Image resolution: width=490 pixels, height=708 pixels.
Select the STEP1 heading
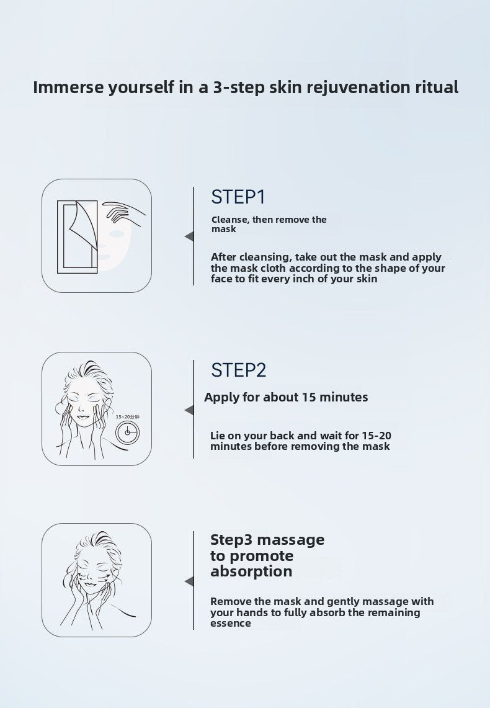(238, 197)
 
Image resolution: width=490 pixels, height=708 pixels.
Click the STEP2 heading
(239, 370)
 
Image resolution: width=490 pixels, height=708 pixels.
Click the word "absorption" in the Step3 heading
(251, 571)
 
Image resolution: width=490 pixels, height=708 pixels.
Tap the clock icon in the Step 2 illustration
(128, 432)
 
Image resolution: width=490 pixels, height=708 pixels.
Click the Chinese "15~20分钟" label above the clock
(128, 417)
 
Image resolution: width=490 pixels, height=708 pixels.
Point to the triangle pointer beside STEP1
(189, 236)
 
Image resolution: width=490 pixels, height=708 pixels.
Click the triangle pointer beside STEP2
(189, 410)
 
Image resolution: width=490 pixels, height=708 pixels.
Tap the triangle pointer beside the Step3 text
(189, 581)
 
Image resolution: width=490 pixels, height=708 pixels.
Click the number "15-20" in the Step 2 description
(376, 436)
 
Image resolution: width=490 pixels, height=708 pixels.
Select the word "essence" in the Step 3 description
(231, 624)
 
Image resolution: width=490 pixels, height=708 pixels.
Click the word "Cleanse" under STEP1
(229, 220)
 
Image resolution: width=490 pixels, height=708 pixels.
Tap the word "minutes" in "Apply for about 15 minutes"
(344, 397)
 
